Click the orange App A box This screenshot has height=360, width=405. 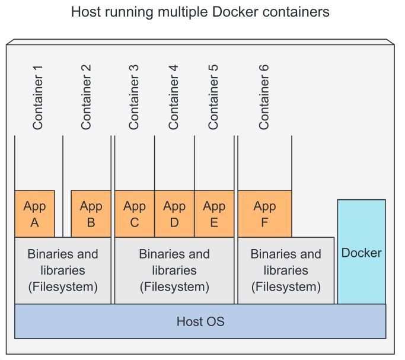[x=34, y=214]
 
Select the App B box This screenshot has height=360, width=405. [x=91, y=214]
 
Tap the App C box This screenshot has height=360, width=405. [x=135, y=214]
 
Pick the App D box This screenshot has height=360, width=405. [x=174, y=214]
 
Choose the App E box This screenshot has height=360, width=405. [x=214, y=214]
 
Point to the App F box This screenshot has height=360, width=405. [x=265, y=214]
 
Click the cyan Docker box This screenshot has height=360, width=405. [x=362, y=252]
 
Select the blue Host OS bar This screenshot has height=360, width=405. [x=200, y=321]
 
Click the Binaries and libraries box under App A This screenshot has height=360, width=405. [x=63, y=270]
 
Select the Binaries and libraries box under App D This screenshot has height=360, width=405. [x=174, y=270]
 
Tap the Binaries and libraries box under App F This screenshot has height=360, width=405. [x=286, y=270]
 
